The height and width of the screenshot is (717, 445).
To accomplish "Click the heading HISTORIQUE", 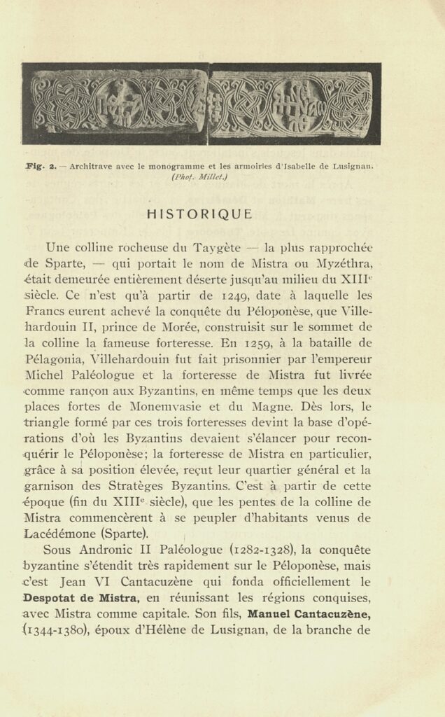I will click(x=200, y=214).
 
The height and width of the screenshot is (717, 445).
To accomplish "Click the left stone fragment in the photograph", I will click(x=115, y=104).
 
